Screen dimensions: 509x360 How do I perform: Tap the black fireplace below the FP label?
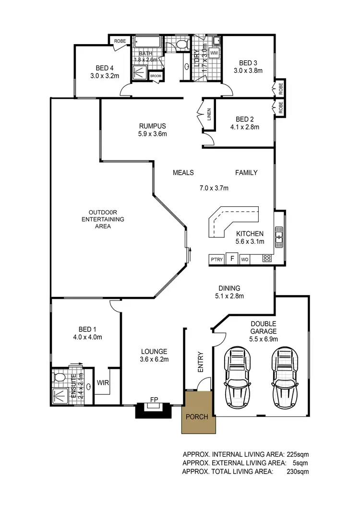click(x=153, y=411)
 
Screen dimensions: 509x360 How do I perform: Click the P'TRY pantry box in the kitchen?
click(x=216, y=259)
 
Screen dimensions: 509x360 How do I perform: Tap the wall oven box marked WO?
click(x=244, y=259)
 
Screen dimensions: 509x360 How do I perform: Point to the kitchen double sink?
click(x=279, y=236)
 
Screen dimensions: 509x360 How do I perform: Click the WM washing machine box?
click(x=214, y=52)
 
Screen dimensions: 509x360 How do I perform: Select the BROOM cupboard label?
click(x=156, y=76)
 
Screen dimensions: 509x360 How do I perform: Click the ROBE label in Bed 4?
click(x=120, y=41)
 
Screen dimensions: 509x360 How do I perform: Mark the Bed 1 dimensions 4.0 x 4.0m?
click(x=87, y=337)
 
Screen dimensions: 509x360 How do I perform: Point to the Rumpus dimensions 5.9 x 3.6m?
click(x=151, y=134)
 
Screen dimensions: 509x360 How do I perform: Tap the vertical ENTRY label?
click(x=200, y=362)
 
